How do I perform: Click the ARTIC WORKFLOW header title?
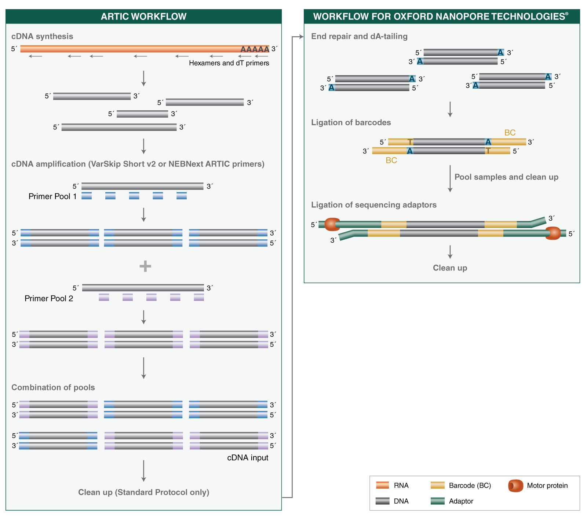143,16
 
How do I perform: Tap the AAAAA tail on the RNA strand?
255,49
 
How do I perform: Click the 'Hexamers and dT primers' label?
229,63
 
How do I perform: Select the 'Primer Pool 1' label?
52,196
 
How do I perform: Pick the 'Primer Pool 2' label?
49,298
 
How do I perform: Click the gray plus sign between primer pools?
145,266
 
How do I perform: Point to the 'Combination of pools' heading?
53,387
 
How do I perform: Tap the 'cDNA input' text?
248,458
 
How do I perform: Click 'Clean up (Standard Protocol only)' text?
143,492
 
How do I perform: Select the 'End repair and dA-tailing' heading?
359,36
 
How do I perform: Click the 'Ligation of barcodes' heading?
351,122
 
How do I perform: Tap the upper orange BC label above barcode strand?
510,133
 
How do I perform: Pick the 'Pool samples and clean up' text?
506,177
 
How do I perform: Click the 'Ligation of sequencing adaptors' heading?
374,205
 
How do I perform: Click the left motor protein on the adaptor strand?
332,224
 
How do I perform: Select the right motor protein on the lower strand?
553,233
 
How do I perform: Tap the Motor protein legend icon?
515,486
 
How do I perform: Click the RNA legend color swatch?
382,486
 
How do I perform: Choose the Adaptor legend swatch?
437,501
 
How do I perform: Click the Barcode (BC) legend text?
470,486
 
